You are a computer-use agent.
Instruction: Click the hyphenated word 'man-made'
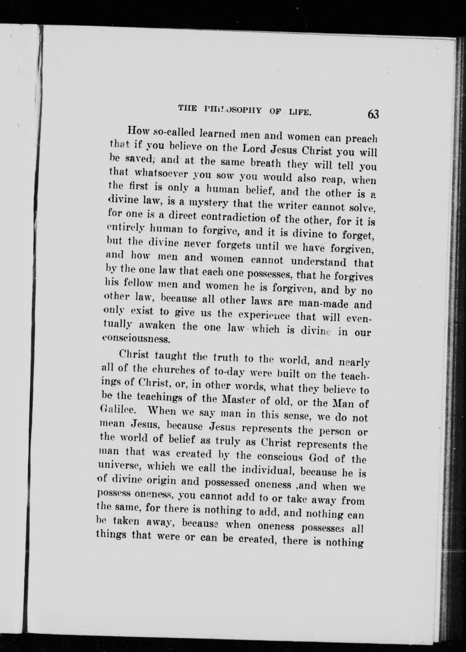323,303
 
